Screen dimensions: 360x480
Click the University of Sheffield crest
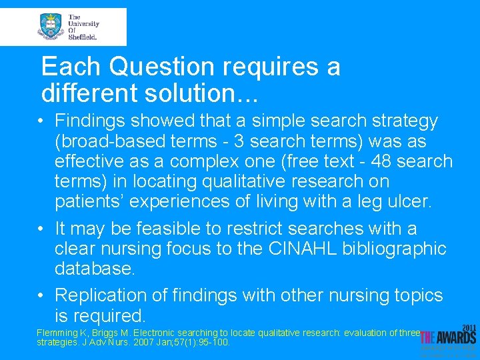tap(51, 27)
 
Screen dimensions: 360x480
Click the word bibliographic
tap(395, 249)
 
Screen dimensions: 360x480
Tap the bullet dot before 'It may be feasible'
tap(41, 229)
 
